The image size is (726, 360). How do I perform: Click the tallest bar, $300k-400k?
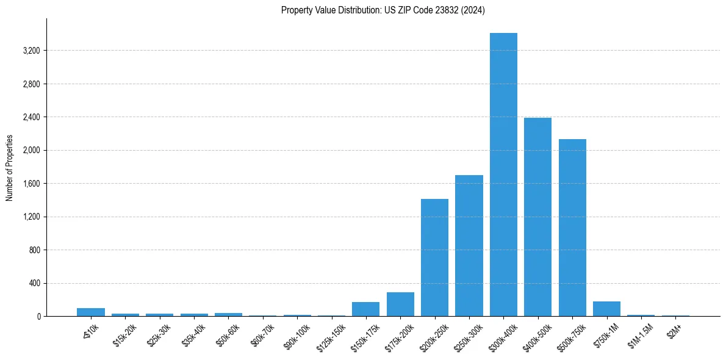(503, 175)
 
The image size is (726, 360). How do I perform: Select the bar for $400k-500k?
(537, 217)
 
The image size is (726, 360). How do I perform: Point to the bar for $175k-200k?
(400, 304)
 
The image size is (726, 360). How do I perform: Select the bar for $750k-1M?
(606, 309)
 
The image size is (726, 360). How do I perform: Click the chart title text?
(383, 10)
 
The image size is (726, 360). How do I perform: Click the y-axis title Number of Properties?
(10, 168)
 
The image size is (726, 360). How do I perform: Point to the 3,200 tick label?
(31, 51)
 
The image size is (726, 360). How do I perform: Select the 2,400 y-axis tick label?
(31, 117)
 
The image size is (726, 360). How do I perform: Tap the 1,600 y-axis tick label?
(31, 184)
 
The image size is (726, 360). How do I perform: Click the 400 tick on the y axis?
(35, 283)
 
